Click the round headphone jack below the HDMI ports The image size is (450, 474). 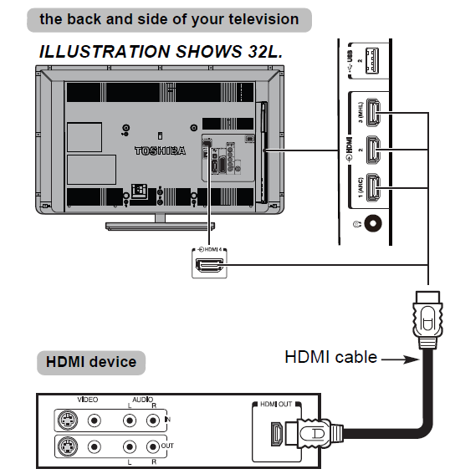coord(372,225)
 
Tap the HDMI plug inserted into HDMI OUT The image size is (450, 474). coord(309,434)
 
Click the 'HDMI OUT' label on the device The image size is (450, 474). coord(277,405)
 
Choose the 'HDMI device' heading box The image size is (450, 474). coord(90,363)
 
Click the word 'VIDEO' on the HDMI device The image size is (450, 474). coord(88,400)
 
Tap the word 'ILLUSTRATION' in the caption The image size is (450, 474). coord(95,52)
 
